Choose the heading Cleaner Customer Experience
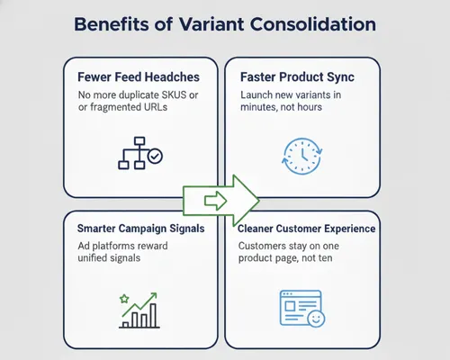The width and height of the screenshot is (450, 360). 306,229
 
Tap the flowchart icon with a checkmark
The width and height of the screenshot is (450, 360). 139,153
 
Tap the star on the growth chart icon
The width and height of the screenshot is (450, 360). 124,297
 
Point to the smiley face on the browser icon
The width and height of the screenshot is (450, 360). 316,318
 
